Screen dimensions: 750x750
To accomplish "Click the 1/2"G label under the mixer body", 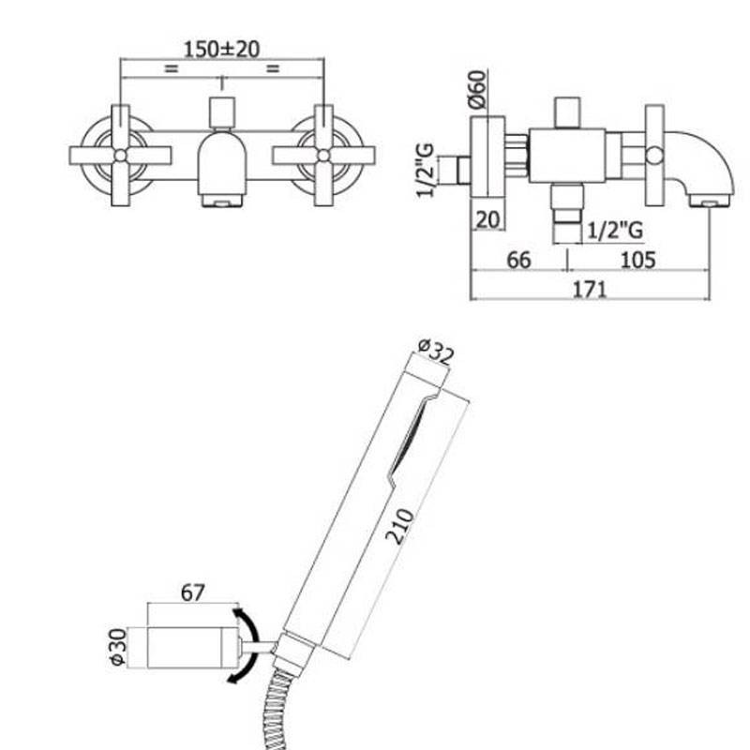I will click(615, 228).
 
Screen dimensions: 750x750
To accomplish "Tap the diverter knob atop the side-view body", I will click(568, 111).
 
